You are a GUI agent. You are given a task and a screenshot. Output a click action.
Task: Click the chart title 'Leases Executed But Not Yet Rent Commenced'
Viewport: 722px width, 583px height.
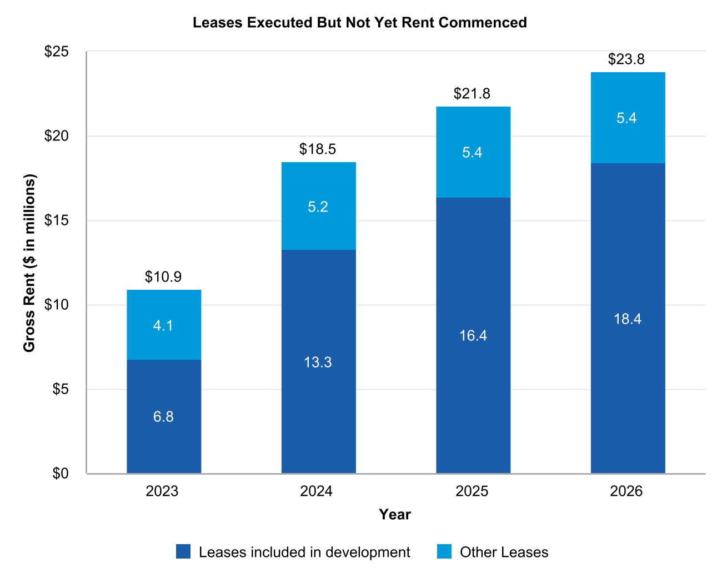(x=359, y=22)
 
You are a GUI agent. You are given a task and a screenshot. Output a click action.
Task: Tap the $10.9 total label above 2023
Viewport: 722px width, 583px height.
(x=163, y=277)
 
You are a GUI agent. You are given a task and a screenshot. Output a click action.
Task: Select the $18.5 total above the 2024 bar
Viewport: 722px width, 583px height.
(x=317, y=149)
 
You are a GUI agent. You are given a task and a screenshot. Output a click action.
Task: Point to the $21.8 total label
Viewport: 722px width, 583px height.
(x=472, y=93)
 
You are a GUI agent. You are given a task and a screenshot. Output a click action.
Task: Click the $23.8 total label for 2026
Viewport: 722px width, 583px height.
(x=626, y=59)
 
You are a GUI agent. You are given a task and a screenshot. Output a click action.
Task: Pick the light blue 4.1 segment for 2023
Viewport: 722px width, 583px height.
(x=164, y=324)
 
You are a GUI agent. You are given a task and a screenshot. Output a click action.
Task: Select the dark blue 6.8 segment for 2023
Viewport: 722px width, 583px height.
(x=164, y=416)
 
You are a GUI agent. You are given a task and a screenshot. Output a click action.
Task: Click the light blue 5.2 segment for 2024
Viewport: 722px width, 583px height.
(x=318, y=206)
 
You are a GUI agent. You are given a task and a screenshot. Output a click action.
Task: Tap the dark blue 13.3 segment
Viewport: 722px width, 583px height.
(x=318, y=361)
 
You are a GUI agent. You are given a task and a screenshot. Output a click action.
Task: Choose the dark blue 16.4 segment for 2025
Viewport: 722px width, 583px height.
(x=473, y=335)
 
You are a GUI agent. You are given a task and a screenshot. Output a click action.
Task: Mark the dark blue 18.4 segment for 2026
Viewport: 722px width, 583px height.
(x=628, y=318)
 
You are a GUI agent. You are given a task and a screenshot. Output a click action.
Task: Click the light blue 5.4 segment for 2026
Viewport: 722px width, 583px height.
(x=628, y=118)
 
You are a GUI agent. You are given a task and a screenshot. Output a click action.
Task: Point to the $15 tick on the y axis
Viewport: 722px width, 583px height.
(x=56, y=220)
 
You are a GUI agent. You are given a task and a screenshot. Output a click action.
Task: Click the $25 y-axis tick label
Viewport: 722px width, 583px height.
(x=56, y=52)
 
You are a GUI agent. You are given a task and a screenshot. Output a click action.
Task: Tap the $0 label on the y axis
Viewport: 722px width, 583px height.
(x=61, y=473)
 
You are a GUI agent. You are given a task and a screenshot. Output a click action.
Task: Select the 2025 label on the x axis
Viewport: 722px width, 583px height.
(x=472, y=491)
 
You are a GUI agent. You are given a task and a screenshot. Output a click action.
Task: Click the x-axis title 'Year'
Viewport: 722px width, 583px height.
(x=394, y=514)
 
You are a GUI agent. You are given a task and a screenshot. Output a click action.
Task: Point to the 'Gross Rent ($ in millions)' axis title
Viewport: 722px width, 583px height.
(x=29, y=263)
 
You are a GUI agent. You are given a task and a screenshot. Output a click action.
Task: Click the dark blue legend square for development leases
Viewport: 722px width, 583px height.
(x=183, y=551)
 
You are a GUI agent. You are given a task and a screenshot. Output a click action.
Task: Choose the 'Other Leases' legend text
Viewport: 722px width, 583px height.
(x=504, y=552)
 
